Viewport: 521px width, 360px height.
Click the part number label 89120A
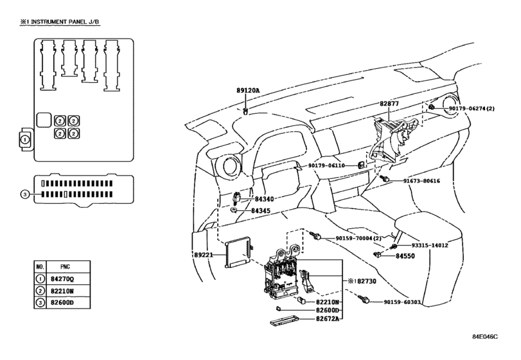coord(248,90)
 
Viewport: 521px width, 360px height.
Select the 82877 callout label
coord(389,104)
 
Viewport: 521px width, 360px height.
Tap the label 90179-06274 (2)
coord(472,109)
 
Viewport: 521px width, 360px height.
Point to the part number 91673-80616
coord(421,181)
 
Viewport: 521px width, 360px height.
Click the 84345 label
coord(261,211)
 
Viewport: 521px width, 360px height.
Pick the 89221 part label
coord(204,255)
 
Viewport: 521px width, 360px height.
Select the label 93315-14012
coord(430,246)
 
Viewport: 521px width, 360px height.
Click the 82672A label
coord(327,319)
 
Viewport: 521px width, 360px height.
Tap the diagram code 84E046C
coord(485,337)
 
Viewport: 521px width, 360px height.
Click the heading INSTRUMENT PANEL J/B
coord(65,22)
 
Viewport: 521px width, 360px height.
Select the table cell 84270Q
coord(62,279)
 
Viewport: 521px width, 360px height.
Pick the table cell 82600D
coord(62,303)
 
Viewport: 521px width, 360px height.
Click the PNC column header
coord(65,267)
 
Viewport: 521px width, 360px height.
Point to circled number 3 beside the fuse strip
coord(25,194)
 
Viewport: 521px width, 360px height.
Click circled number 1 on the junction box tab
coord(25,140)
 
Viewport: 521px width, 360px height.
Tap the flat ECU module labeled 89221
coord(238,252)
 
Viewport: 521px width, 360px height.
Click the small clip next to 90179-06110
coord(361,165)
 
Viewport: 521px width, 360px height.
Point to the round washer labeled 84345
coord(234,210)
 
